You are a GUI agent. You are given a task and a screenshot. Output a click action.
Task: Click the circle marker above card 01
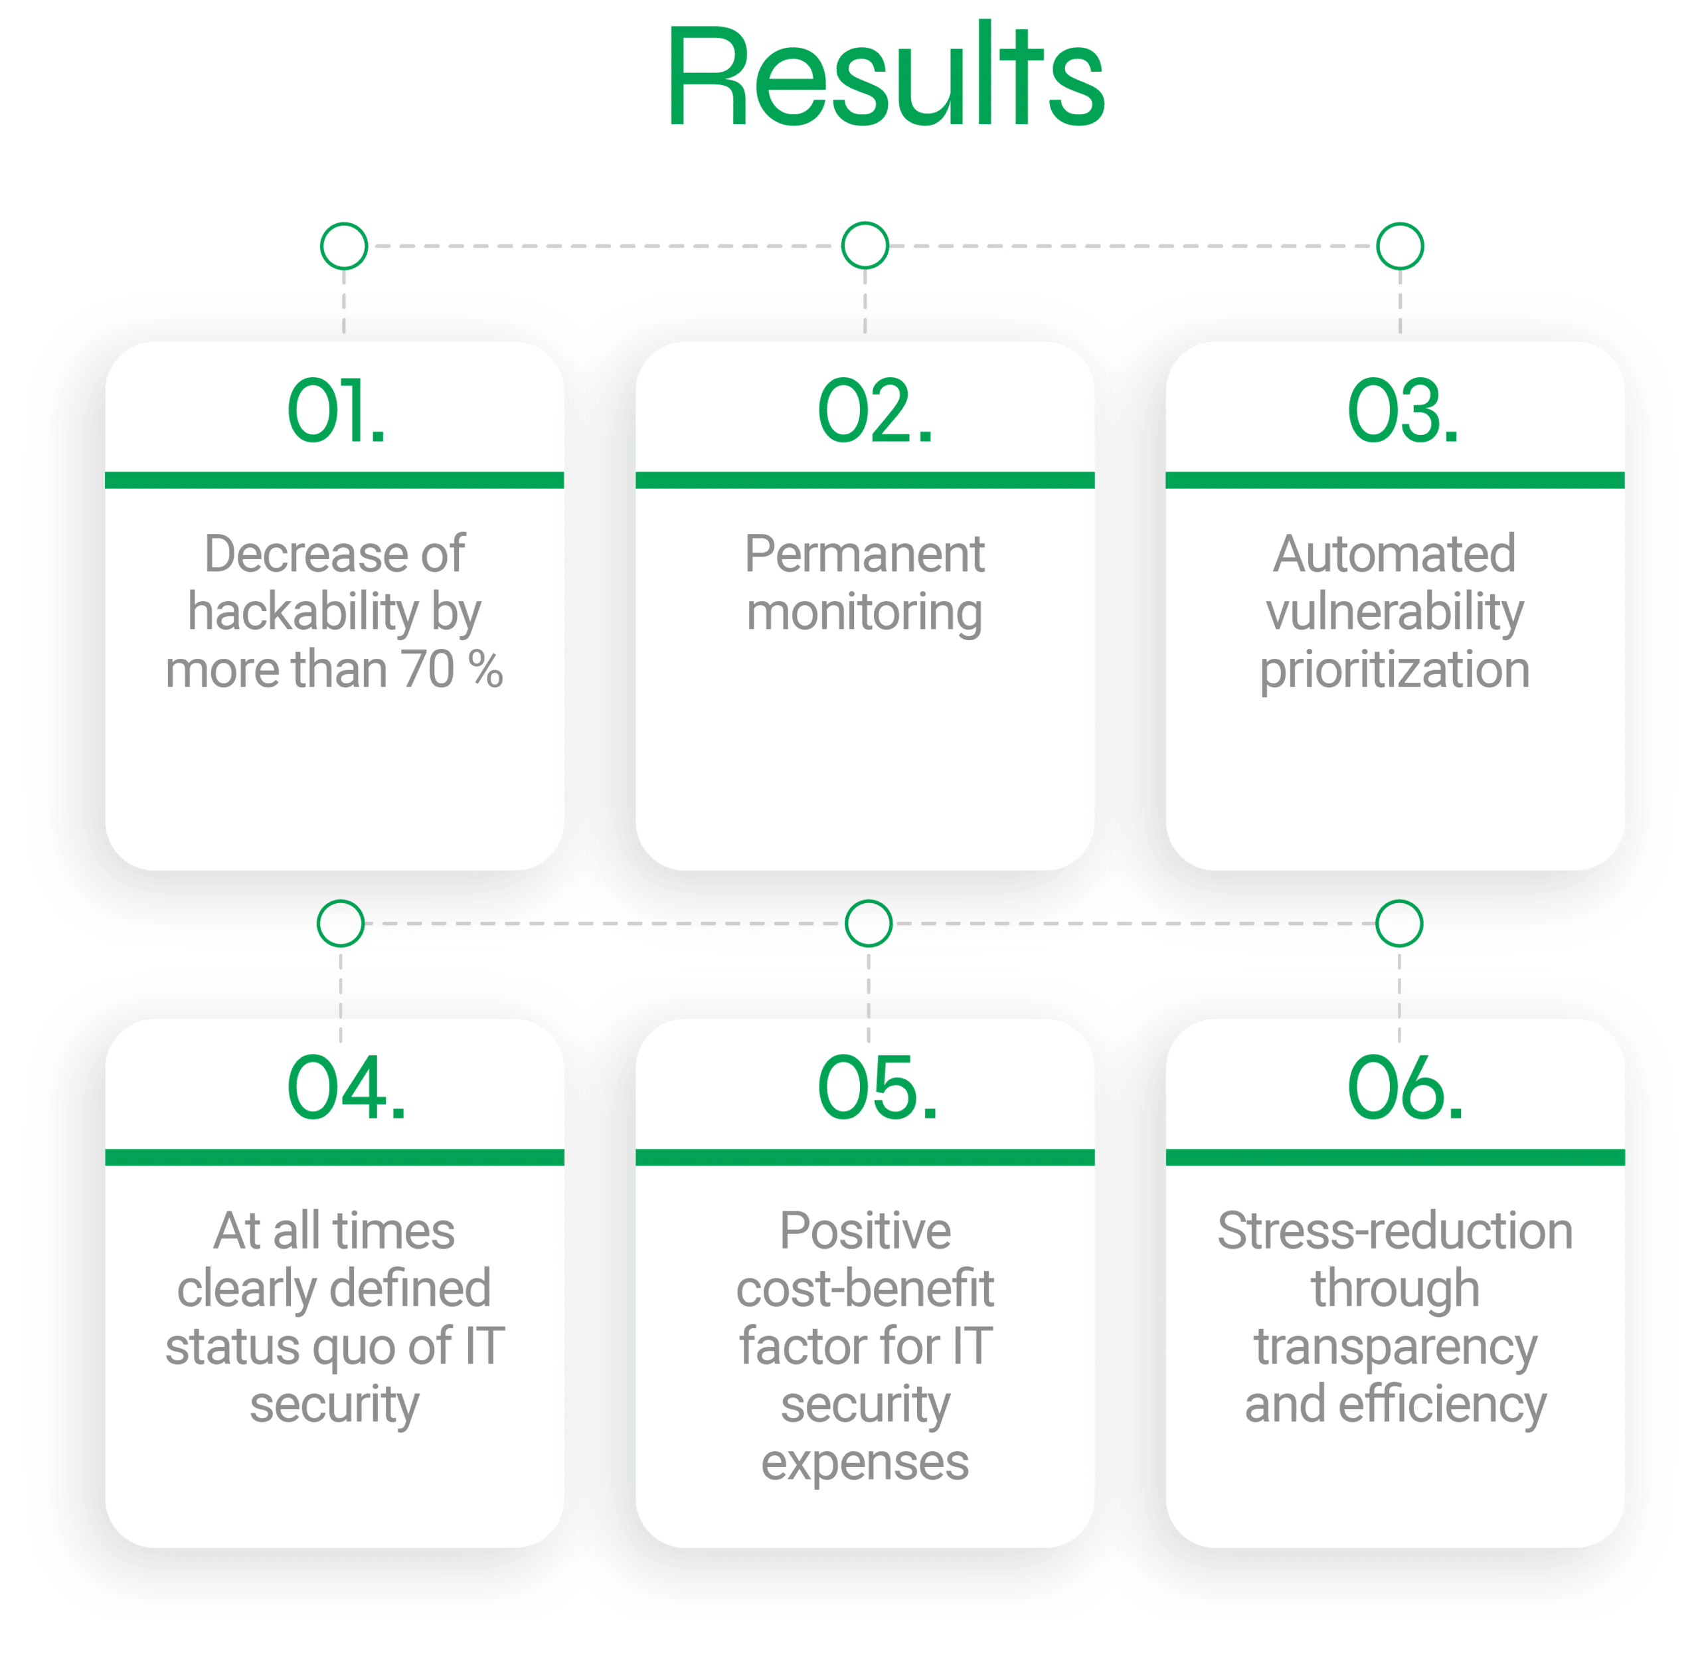coord(344,224)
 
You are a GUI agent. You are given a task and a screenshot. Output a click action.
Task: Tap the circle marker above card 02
coord(865,223)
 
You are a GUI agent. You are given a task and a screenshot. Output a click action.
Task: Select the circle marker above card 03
coord(1400,224)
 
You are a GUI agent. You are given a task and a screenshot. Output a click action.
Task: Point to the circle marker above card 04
coord(341,901)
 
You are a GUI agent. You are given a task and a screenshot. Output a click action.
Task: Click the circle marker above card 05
coord(868,901)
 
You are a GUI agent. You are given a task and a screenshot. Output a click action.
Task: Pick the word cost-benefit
coord(865,1288)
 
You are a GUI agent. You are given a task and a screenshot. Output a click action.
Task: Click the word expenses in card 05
coord(865,1464)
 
